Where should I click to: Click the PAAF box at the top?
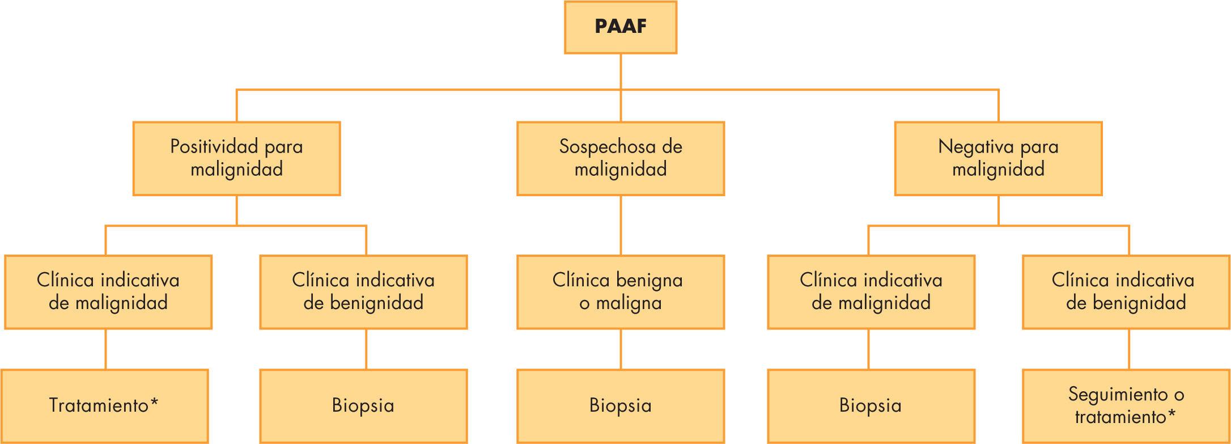point(620,27)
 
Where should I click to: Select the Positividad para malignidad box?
point(236,158)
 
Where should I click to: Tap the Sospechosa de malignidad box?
point(620,158)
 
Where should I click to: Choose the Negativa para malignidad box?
point(998,158)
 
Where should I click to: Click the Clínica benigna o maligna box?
point(620,291)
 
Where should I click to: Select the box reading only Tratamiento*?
point(104,405)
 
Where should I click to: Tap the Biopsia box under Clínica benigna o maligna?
point(620,405)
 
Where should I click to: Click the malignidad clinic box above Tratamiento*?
point(108,291)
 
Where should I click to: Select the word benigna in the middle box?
point(650,281)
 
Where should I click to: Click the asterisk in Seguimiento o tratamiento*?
point(1171,415)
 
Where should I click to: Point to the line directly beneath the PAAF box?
point(621,71)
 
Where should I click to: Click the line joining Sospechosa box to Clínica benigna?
point(621,225)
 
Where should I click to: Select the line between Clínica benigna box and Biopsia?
point(621,349)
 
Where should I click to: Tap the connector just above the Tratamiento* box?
point(105,349)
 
